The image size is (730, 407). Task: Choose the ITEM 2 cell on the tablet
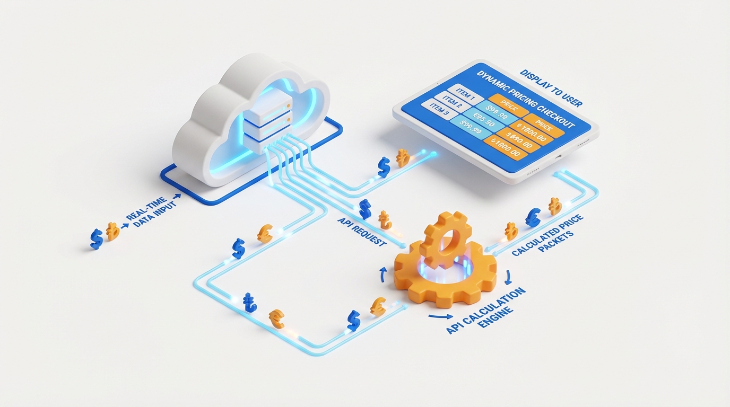coord(451,103)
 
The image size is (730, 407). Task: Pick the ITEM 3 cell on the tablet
coord(438,112)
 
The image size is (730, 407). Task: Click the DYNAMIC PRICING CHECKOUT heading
coord(525,99)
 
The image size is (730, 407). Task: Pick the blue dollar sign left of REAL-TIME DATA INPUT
coord(96,238)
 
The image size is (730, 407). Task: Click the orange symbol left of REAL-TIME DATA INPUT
coord(112,231)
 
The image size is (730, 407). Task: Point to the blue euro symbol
coord(533,217)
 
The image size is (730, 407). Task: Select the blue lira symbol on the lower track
coord(249,303)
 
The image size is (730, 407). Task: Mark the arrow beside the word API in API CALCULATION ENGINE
coord(437,316)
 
